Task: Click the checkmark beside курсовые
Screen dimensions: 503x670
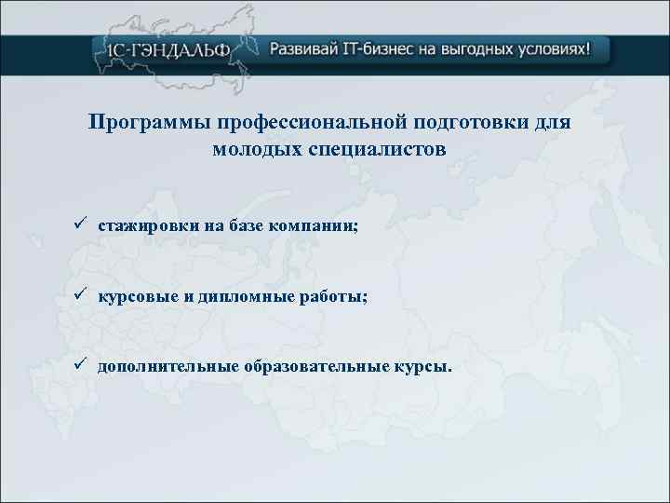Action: tap(82, 295)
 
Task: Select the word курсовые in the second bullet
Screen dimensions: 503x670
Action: tap(135, 296)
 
